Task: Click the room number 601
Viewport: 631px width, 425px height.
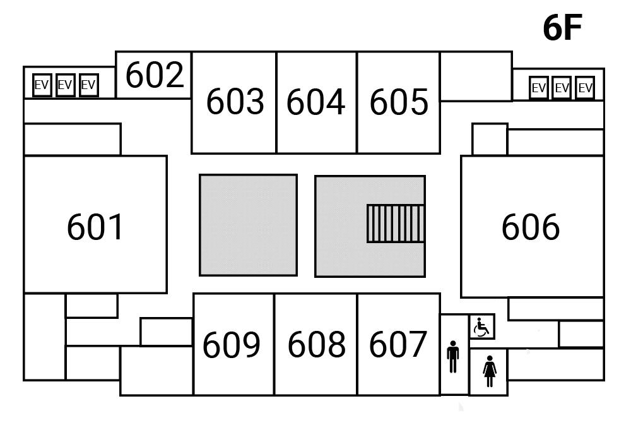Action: pyautogui.click(x=95, y=227)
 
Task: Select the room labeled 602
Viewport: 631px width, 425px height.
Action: pyautogui.click(x=155, y=75)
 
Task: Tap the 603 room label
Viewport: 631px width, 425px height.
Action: pyautogui.click(x=235, y=102)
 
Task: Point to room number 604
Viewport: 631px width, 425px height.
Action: pyautogui.click(x=316, y=102)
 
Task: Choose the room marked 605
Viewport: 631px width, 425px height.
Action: pyautogui.click(x=399, y=102)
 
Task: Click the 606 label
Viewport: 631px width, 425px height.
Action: pyautogui.click(x=530, y=227)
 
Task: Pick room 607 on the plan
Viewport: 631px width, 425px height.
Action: pyautogui.click(x=398, y=345)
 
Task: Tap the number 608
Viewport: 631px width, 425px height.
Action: pyautogui.click(x=316, y=345)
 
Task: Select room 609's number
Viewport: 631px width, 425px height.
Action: pyautogui.click(x=232, y=345)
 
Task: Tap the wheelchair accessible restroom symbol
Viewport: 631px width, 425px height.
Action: pyautogui.click(x=482, y=327)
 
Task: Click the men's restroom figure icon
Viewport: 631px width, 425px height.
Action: pyautogui.click(x=453, y=357)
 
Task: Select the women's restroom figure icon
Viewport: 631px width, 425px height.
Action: pyautogui.click(x=490, y=371)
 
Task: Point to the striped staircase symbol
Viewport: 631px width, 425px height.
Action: pyautogui.click(x=396, y=224)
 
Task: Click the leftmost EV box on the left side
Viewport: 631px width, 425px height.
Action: pyautogui.click(x=42, y=85)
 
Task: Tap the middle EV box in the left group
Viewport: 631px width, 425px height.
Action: pyautogui.click(x=65, y=85)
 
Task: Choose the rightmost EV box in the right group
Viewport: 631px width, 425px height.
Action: pyautogui.click(x=585, y=88)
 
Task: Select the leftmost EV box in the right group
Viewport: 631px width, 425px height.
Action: pyautogui.click(x=538, y=88)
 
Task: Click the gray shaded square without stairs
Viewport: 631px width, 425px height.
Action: pyautogui.click(x=248, y=225)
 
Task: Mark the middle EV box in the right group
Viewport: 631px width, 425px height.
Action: pyautogui.click(x=562, y=88)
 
